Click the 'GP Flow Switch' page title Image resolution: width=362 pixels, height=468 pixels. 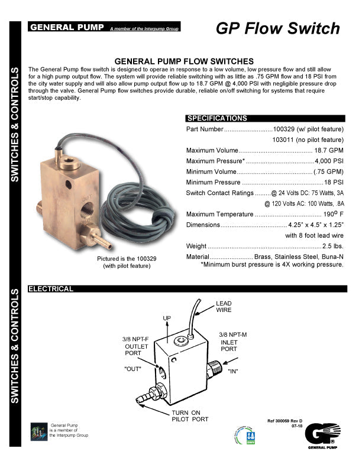click(277, 28)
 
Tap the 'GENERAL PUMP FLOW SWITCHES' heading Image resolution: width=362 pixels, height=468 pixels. click(184, 61)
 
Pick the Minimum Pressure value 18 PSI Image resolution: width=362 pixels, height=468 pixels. click(334, 182)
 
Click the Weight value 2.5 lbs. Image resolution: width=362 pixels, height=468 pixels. click(332, 246)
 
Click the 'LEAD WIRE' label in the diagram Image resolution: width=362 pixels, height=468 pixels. click(224, 307)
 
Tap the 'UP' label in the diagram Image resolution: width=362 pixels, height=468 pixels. click(167, 318)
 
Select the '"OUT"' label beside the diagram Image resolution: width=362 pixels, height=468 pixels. click(133, 368)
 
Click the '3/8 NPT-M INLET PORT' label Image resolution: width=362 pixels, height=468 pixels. click(232, 342)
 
